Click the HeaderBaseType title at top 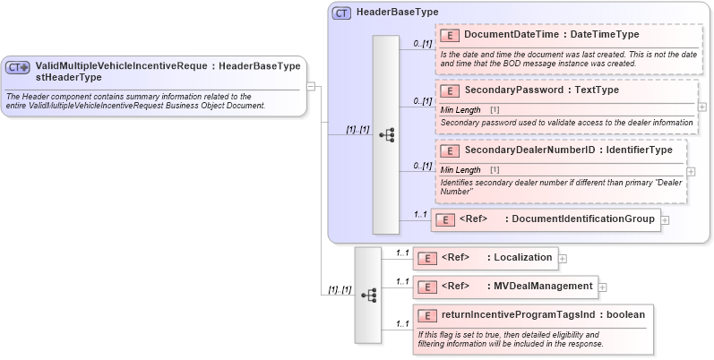397,13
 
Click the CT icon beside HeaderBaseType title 341,13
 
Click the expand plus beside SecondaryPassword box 701,107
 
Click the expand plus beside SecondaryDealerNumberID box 691,170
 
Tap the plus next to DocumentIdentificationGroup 666,220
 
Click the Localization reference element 520,258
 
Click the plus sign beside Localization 563,259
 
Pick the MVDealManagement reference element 543,287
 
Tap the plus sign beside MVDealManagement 603,287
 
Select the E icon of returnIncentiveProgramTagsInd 426,315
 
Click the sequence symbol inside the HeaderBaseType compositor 387,135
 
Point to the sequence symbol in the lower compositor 368,294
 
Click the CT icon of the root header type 17,67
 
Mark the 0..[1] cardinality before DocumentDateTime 422,43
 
